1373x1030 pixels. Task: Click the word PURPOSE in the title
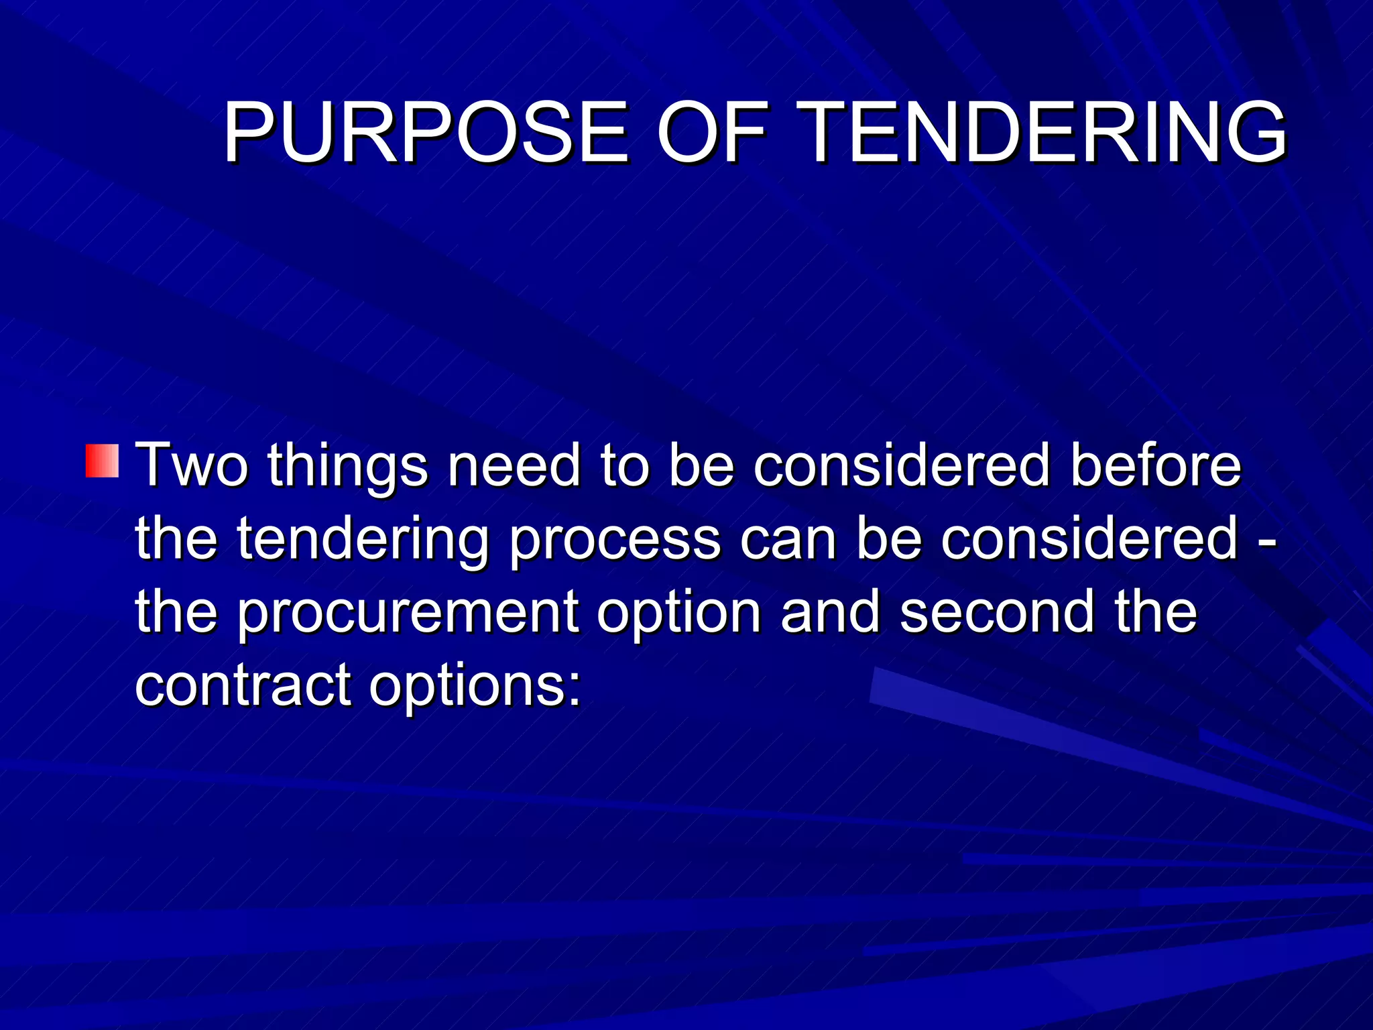point(426,132)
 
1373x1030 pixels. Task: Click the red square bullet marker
point(102,461)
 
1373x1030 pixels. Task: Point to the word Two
point(192,465)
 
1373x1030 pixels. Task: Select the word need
point(514,465)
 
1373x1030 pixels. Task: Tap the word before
point(1155,465)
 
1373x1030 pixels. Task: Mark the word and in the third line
point(830,612)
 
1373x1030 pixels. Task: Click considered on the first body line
point(901,465)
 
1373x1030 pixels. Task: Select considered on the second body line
point(1089,538)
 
